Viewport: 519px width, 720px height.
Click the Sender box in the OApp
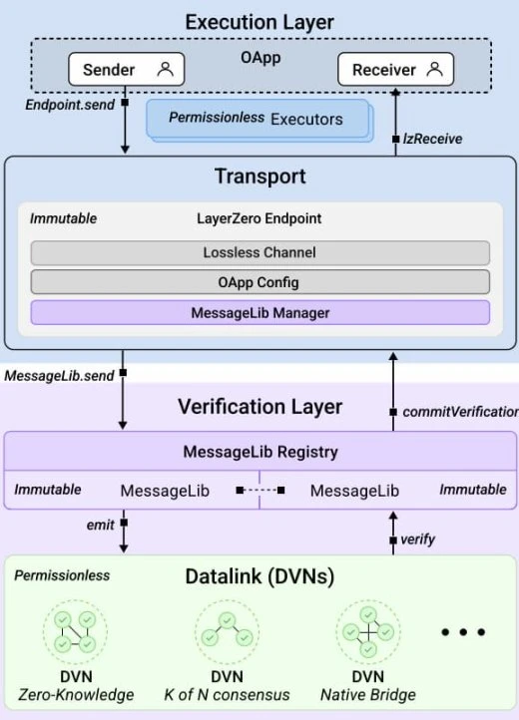coord(125,70)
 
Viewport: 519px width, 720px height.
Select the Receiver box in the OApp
coord(395,70)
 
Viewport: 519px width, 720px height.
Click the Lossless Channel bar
coord(259,252)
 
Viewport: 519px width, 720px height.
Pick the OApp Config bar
coord(259,282)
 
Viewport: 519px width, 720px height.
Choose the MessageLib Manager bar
coord(259,312)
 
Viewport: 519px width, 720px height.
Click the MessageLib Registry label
coord(259,452)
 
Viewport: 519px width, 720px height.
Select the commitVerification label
coord(460,411)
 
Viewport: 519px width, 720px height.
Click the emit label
coord(100,521)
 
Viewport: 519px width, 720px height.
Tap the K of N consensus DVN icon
coord(227,632)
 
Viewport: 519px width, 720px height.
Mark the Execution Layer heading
coord(259,21)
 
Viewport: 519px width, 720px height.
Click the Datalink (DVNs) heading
coord(259,577)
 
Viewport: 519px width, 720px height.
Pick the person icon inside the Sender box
coord(166,70)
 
